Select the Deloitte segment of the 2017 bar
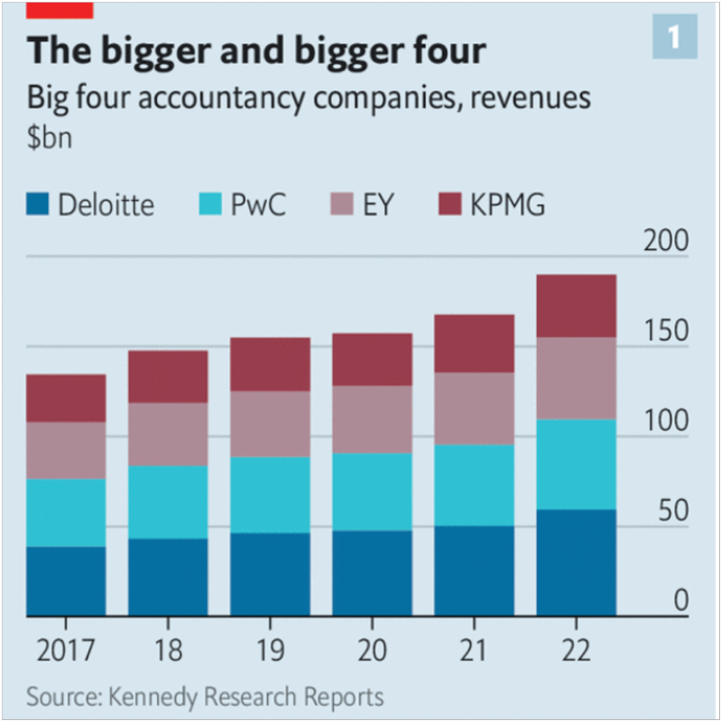[66, 581]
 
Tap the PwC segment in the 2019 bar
[269, 495]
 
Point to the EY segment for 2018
[168, 434]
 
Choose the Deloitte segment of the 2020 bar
[371, 573]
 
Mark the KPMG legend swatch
[448, 205]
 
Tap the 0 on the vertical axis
[681, 600]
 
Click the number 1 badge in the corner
[673, 37]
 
